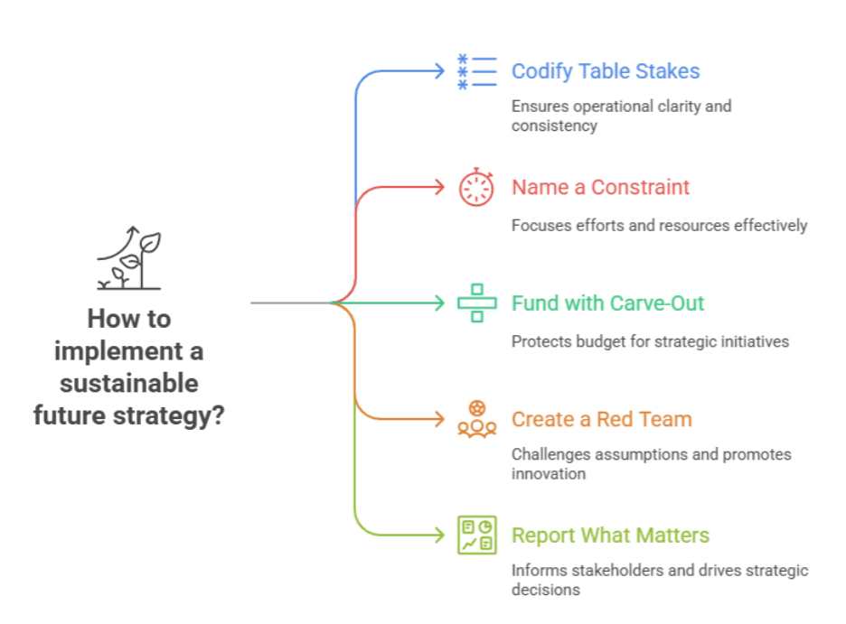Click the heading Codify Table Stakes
pos(606,71)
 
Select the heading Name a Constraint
pos(600,187)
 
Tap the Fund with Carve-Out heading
pos(607,303)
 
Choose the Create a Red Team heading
pos(602,419)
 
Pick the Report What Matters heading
pos(610,536)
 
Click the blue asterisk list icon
pos(477,71)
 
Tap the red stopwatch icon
pos(476,187)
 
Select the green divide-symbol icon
pos(477,303)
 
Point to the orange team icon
pos(477,419)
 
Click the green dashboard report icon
pos(477,536)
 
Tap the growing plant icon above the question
pos(129,257)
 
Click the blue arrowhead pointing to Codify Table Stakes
pos(440,71)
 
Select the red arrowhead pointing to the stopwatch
pos(440,187)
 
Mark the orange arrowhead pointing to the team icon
pos(440,419)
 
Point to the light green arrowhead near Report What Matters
pos(440,536)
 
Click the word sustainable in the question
pos(129,383)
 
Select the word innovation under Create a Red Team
pos(548,474)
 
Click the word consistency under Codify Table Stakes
pos(554,126)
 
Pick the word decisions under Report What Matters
pos(546,590)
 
